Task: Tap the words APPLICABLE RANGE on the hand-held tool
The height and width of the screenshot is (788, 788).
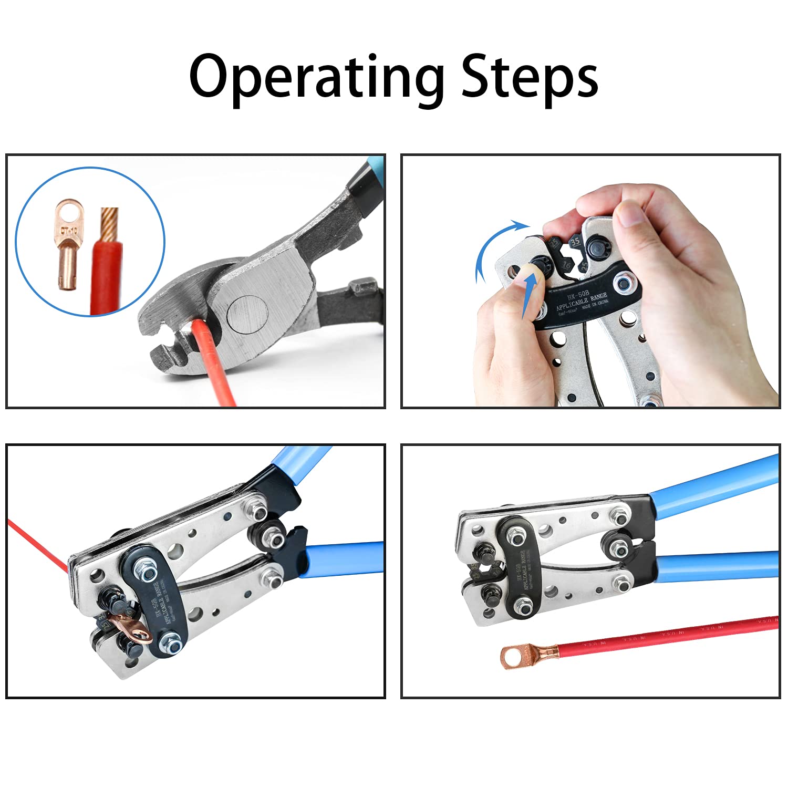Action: [580, 303]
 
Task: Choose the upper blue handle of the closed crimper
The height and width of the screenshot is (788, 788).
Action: [714, 486]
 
